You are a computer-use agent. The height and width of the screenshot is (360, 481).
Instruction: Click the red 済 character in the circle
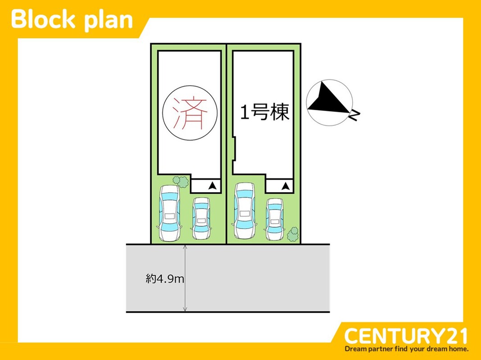click(190, 113)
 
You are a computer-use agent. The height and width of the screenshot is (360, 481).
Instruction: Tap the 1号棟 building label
click(265, 112)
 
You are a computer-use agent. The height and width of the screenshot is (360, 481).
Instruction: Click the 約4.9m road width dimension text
click(165, 279)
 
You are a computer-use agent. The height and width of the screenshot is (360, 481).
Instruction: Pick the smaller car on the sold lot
click(201, 218)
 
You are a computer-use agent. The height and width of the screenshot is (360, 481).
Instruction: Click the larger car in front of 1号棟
click(245, 211)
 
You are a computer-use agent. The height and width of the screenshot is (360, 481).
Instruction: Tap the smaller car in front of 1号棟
click(275, 219)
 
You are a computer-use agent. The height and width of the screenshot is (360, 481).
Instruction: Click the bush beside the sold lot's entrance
click(181, 181)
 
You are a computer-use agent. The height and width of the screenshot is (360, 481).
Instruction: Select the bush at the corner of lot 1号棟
click(293, 234)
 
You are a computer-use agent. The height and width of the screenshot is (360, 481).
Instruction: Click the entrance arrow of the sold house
click(213, 186)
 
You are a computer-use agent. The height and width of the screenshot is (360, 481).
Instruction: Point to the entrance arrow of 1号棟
click(286, 186)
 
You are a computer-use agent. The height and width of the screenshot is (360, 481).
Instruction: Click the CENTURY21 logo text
click(405, 336)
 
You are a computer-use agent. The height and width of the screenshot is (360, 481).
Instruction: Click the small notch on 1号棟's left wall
click(234, 148)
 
